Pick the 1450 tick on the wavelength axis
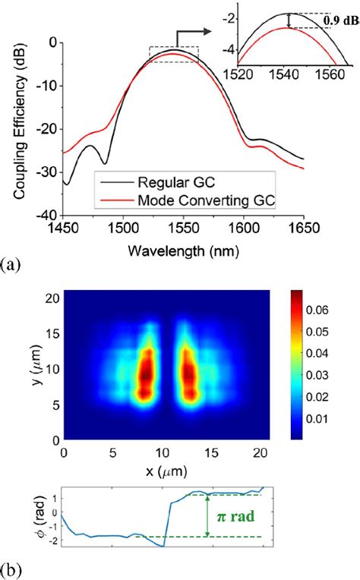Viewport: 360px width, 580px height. [63, 227]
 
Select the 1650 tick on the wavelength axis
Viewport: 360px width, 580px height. [304, 227]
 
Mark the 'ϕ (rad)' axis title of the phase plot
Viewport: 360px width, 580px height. [29, 517]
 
